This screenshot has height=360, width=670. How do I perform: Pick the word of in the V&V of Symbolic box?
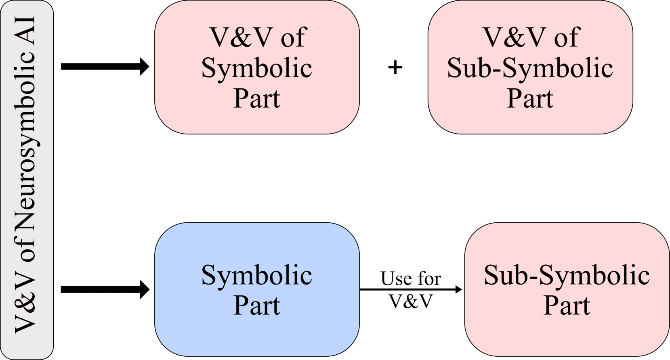294,37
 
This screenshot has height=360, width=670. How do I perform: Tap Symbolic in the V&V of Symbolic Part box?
257,68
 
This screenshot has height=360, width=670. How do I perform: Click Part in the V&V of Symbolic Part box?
257,98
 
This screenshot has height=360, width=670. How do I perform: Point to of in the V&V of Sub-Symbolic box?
567,37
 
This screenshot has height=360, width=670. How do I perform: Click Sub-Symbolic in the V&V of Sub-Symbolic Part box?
530,68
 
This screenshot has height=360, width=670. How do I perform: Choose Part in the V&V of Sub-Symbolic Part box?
530,98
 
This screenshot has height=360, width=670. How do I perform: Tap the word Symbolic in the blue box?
257,275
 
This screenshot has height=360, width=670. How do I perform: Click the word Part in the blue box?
257,306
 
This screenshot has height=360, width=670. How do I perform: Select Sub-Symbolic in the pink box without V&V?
567,275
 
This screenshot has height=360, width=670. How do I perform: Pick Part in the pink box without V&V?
567,306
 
